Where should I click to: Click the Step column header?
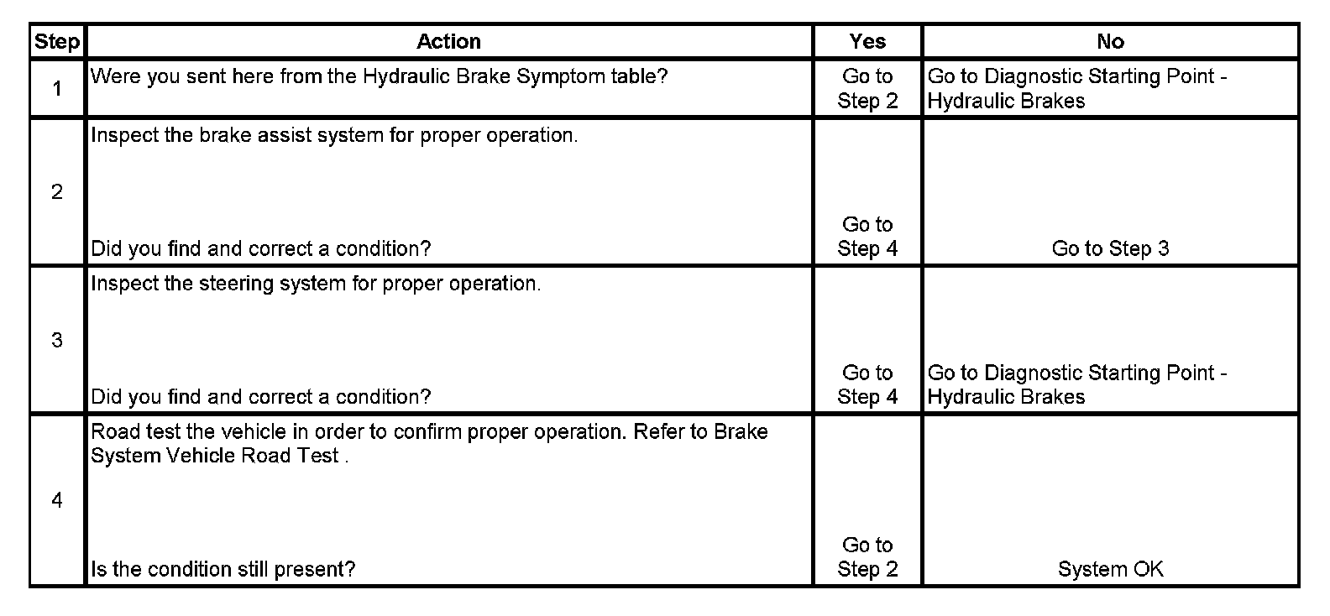57,42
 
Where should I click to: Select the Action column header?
448,42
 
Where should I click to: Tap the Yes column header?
867,42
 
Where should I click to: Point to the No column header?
1110,42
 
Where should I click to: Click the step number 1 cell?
57,88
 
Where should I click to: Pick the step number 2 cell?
57,192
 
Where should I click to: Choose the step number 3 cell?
57,340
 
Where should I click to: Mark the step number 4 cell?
57,500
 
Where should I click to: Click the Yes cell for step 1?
867,88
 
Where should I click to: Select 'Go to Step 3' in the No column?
1110,248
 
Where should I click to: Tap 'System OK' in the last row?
1110,569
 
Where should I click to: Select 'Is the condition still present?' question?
223,569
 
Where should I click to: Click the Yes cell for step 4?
867,557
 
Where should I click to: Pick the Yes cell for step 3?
867,384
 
